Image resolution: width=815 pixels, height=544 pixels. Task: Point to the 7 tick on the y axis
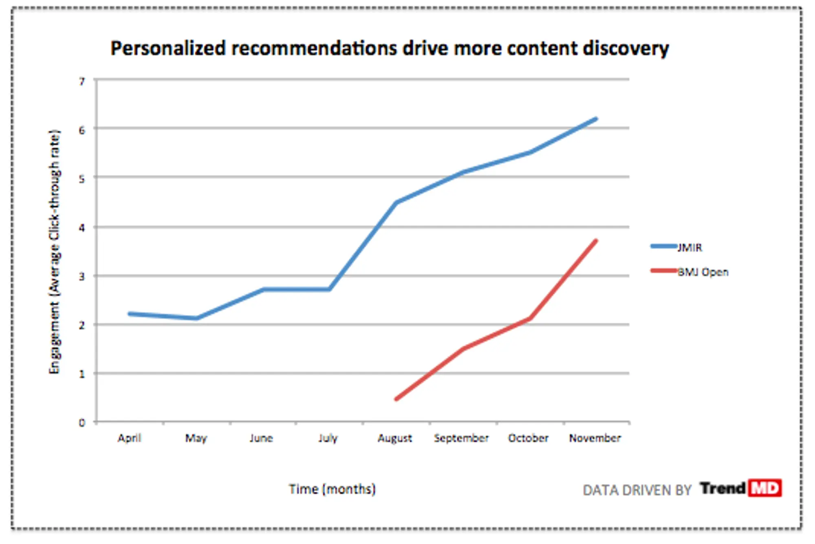click(x=82, y=81)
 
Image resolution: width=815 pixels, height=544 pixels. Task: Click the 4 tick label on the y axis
click(x=82, y=227)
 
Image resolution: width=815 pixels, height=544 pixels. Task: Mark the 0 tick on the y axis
click(x=82, y=423)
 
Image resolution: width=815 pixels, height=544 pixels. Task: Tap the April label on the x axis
click(x=129, y=438)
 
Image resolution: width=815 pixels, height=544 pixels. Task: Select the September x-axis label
click(x=461, y=438)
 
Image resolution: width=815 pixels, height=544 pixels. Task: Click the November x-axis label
click(x=595, y=438)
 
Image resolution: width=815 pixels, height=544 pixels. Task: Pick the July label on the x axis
click(x=328, y=438)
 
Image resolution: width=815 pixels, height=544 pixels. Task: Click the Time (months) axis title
click(x=332, y=489)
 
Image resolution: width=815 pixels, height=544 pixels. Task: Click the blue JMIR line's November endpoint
click(x=596, y=119)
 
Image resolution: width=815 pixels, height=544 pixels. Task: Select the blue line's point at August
click(x=396, y=203)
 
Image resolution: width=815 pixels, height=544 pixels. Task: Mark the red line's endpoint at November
click(x=596, y=240)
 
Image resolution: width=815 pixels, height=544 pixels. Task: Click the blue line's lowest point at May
click(x=196, y=318)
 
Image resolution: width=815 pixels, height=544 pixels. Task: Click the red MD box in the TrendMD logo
click(x=764, y=488)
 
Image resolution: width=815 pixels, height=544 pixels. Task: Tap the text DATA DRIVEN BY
click(x=637, y=490)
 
